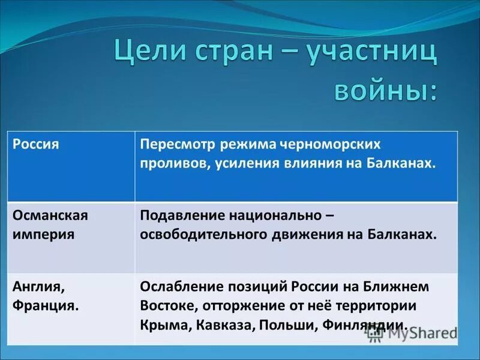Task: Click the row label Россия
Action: (x=36, y=145)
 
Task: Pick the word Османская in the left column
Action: (x=50, y=215)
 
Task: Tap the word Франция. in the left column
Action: (x=46, y=305)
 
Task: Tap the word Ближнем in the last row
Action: (x=404, y=287)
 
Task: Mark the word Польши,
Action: (x=286, y=325)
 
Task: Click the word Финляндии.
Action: (x=366, y=325)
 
